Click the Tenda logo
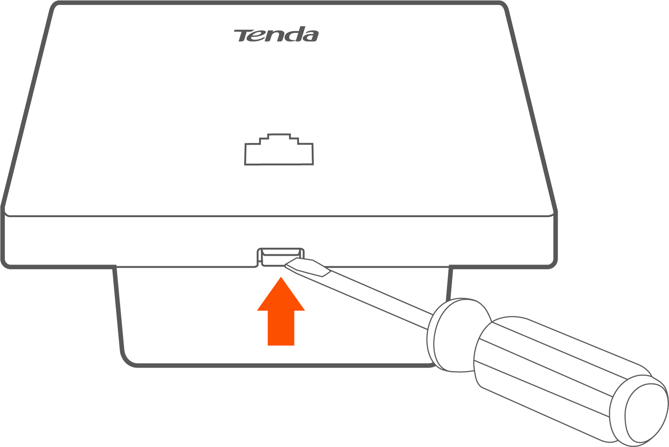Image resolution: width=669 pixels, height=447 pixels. click(276, 34)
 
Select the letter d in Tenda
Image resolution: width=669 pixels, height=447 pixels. click(294, 34)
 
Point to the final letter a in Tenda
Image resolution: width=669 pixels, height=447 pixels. click(311, 36)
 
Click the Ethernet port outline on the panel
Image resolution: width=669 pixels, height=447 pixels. click(279, 150)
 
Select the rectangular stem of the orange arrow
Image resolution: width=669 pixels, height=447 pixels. click(281, 328)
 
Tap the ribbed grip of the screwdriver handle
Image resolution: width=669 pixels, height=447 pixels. click(544, 368)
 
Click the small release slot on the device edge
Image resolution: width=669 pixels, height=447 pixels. click(281, 257)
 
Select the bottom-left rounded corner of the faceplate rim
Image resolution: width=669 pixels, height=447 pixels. click(5, 265)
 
